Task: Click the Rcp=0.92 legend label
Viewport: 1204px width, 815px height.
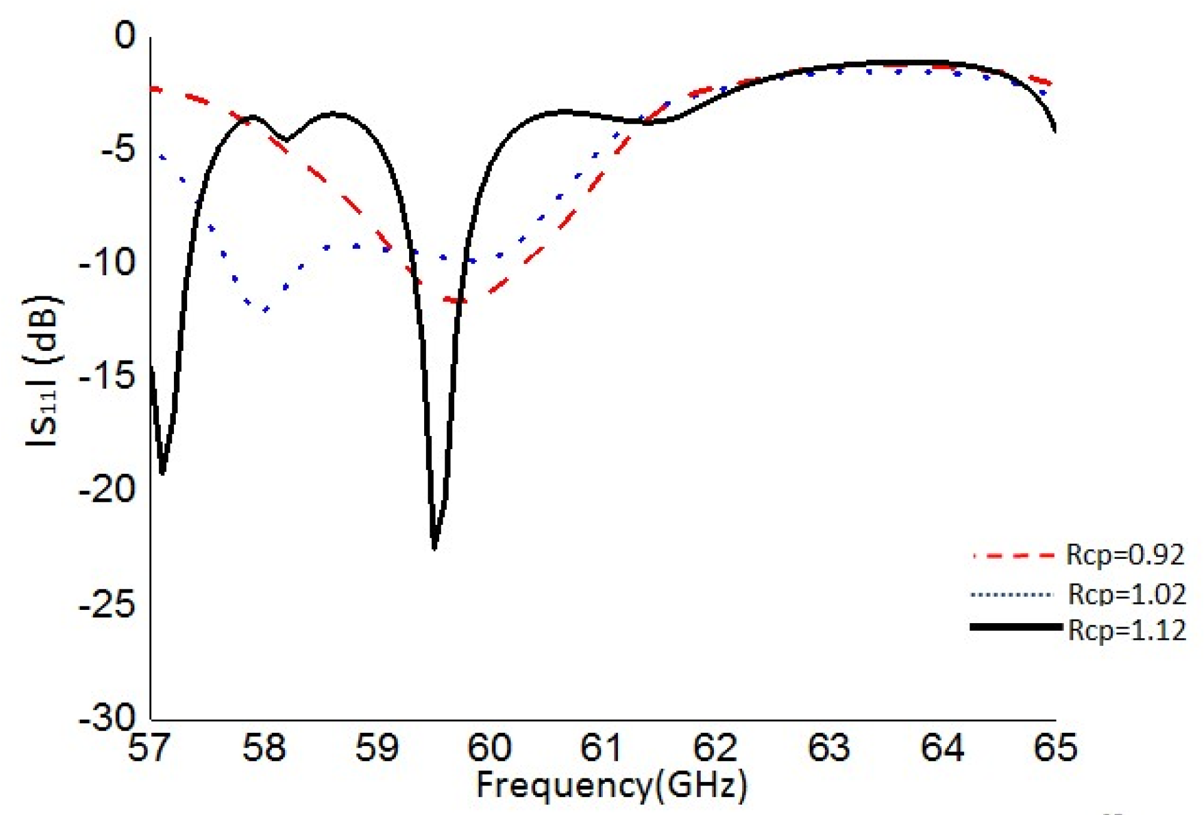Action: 1125,555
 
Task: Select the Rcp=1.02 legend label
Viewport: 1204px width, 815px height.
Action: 1127,594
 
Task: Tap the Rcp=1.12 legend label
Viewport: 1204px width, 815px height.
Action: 1127,630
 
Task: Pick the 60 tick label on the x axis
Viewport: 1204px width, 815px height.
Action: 489,747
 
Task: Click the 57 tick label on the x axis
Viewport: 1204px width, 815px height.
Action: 149,747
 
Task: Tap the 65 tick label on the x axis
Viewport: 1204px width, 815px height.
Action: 1055,747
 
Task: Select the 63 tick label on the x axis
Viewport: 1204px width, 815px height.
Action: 829,747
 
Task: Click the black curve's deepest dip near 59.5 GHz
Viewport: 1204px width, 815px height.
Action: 434,547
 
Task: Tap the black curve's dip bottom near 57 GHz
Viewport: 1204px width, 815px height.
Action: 162,473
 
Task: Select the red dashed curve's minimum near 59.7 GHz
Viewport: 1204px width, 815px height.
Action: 456,300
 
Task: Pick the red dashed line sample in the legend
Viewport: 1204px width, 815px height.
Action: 1014,556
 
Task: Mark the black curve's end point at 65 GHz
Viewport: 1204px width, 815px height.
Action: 1055,130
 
